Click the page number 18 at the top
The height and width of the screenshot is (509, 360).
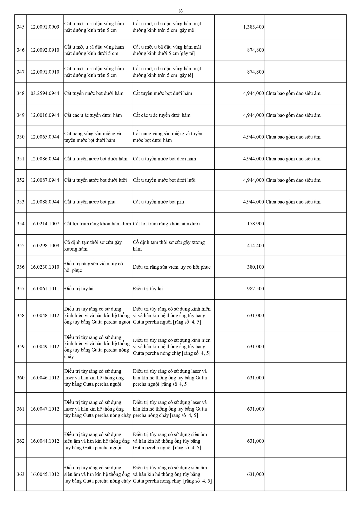(x=180, y=10)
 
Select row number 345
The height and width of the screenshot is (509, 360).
(x=20, y=27)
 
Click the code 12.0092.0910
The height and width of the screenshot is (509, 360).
(x=45, y=50)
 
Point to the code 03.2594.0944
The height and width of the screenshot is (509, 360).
(x=45, y=93)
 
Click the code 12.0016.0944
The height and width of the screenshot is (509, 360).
(x=45, y=115)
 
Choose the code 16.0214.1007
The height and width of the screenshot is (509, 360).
(x=45, y=224)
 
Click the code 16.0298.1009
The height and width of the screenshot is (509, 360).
(x=45, y=246)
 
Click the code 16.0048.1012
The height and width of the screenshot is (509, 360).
(x=45, y=315)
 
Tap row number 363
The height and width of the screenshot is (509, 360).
(x=20, y=474)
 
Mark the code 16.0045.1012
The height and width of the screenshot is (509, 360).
(x=45, y=474)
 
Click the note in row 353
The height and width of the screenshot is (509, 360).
(x=293, y=202)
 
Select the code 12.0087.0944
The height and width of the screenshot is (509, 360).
(x=45, y=180)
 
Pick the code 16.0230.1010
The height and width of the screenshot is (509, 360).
(x=45, y=267)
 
